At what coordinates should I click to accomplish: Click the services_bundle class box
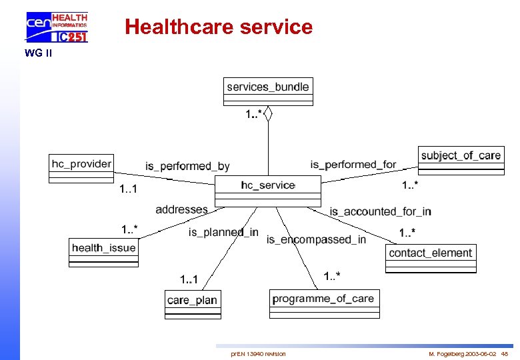point(268,91)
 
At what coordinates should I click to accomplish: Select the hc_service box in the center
point(267,191)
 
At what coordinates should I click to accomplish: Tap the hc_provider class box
point(82,167)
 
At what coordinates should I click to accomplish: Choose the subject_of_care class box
point(461,161)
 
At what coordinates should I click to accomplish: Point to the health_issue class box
point(103,252)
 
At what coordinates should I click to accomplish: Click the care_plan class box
point(192,304)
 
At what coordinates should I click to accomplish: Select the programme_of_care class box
point(324,303)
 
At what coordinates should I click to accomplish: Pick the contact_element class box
point(431,258)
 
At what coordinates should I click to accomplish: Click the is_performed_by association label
point(187,166)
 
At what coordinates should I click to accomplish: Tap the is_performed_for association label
point(353,164)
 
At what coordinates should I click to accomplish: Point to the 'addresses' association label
point(181,209)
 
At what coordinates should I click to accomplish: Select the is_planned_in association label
point(223,232)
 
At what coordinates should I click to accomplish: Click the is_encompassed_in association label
point(316,239)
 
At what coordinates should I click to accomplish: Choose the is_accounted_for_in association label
point(380,211)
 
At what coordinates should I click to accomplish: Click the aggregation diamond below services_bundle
point(268,114)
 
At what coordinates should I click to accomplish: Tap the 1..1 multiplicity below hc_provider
point(128,190)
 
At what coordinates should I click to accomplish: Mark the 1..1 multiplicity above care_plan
point(189,278)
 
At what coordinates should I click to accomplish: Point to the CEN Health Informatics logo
point(57,27)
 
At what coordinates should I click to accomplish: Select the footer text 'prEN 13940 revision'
point(258,353)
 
